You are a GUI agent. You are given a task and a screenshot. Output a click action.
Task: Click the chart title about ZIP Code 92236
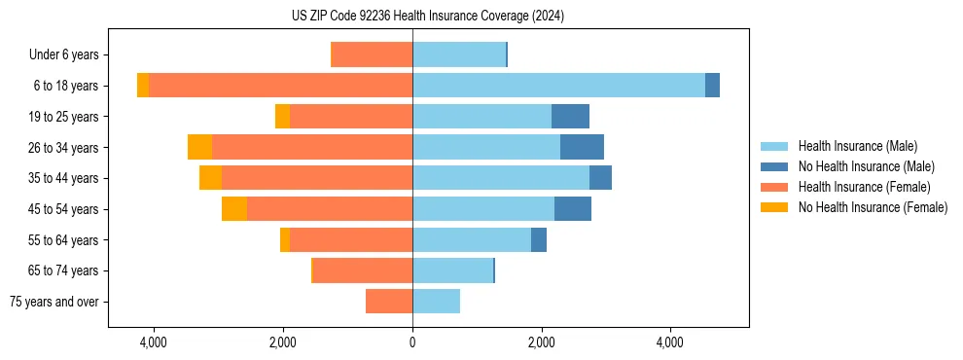point(428,16)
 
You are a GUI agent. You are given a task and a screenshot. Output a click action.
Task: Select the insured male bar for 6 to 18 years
point(558,86)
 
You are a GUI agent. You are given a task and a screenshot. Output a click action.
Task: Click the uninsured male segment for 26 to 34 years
point(582,147)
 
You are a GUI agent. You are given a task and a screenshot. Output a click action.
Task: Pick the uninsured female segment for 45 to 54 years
point(234,208)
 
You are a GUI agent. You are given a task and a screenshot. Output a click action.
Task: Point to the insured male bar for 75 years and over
point(436,302)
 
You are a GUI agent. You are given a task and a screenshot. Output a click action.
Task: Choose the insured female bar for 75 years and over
point(389,302)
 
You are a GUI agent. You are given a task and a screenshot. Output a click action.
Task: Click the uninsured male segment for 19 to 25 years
point(570,116)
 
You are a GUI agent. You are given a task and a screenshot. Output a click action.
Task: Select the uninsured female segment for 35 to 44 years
point(210,178)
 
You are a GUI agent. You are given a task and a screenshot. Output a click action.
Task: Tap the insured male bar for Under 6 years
point(459,54)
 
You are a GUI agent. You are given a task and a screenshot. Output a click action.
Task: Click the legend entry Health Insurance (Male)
point(857,146)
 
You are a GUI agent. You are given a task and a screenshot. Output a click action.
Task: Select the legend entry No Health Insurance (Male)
point(866,166)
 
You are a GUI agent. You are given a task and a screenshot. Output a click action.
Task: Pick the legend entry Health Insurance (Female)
point(865,187)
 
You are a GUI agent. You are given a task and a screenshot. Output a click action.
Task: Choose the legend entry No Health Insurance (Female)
point(873,207)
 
